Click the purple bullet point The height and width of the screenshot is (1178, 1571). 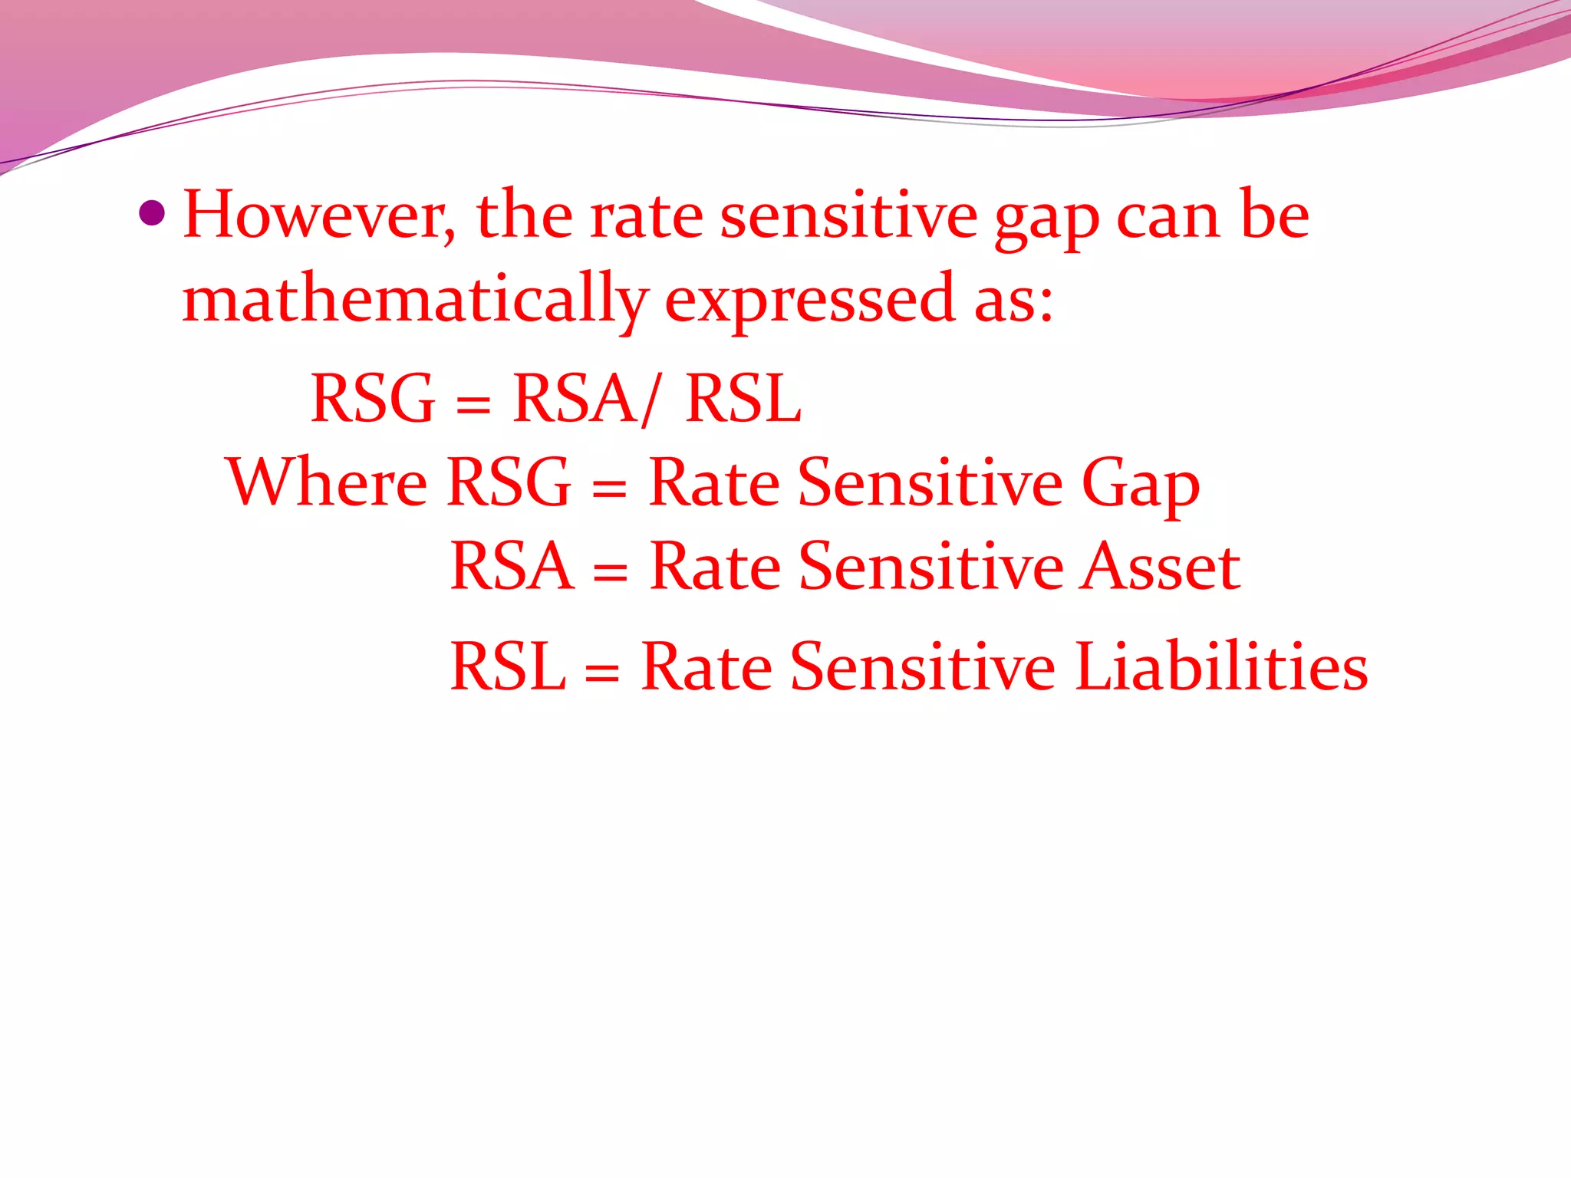click(x=153, y=214)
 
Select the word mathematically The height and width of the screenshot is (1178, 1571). click(x=415, y=301)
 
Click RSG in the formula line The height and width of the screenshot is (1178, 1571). click(x=374, y=398)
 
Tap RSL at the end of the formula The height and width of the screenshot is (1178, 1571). click(x=743, y=398)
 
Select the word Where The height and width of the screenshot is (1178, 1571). click(x=327, y=482)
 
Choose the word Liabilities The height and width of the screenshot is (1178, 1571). click(x=1221, y=666)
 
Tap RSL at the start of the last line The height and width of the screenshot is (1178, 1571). click(x=507, y=666)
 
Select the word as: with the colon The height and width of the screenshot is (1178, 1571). click(x=1013, y=301)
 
